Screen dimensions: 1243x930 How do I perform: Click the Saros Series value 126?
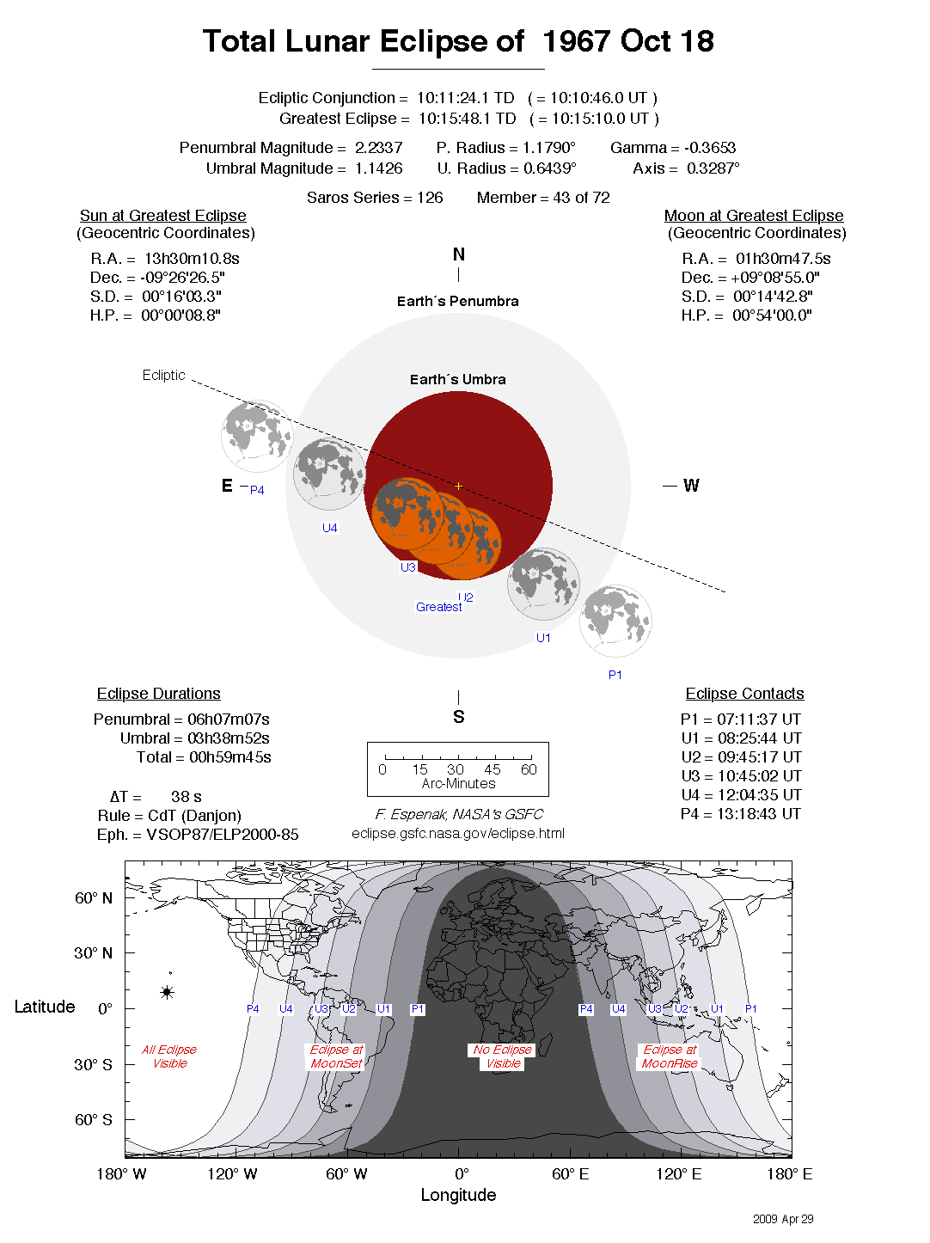click(x=430, y=198)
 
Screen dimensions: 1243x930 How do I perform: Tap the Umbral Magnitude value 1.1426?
click(x=378, y=168)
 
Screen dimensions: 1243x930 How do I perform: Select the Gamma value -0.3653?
click(x=709, y=148)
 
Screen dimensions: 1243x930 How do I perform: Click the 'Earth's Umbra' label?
click(x=457, y=379)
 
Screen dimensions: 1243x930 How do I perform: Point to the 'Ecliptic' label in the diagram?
click(x=163, y=375)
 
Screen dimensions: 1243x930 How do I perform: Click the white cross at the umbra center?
click(x=458, y=486)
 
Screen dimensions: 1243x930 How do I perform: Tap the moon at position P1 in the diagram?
click(x=615, y=621)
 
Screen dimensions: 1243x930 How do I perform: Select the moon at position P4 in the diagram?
click(x=256, y=436)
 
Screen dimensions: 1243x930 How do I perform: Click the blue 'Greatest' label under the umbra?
click(x=438, y=607)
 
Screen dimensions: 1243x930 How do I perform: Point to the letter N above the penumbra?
click(x=459, y=254)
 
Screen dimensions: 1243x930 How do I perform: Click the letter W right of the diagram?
click(x=691, y=486)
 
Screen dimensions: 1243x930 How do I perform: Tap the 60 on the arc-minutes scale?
click(x=529, y=769)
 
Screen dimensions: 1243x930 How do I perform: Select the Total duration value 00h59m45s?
click(x=230, y=757)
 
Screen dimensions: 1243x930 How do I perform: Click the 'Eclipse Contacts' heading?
click(x=744, y=694)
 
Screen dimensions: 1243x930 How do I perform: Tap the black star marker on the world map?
click(x=167, y=992)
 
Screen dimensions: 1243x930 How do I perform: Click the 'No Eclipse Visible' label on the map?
click(x=503, y=1056)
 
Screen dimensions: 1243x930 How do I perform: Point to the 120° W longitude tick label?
click(x=232, y=1174)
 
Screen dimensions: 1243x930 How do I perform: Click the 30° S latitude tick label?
click(x=93, y=1064)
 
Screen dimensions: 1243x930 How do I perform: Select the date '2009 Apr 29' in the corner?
click(x=782, y=1219)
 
